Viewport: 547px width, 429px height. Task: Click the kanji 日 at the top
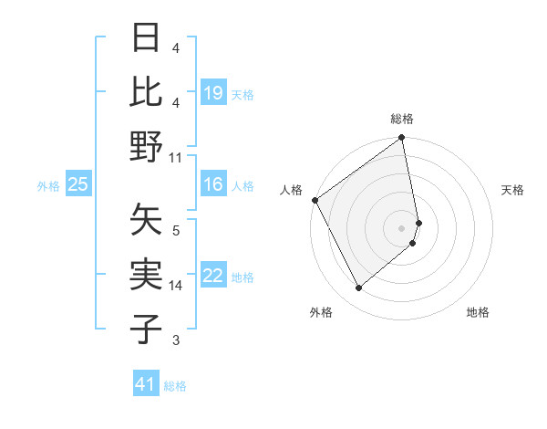(x=147, y=38)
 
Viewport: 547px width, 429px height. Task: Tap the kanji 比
(x=147, y=91)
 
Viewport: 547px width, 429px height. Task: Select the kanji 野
(x=147, y=145)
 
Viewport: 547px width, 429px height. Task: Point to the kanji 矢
(x=147, y=219)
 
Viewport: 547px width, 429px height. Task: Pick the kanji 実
(x=147, y=273)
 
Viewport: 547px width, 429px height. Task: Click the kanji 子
(x=147, y=327)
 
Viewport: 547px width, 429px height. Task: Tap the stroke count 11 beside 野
(x=176, y=157)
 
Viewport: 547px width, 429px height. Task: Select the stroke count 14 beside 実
(x=176, y=286)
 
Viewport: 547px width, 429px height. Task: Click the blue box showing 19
(x=213, y=93)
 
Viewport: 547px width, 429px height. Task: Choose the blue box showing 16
(x=213, y=185)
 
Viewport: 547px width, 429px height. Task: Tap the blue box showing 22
(x=213, y=277)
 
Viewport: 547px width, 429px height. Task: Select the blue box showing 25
(x=77, y=185)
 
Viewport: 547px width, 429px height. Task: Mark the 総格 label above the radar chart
(x=402, y=120)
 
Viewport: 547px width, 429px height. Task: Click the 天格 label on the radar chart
(x=512, y=190)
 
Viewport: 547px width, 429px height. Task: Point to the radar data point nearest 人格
(x=315, y=200)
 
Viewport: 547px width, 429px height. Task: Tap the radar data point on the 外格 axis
(x=358, y=288)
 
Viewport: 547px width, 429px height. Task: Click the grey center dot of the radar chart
(x=402, y=227)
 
